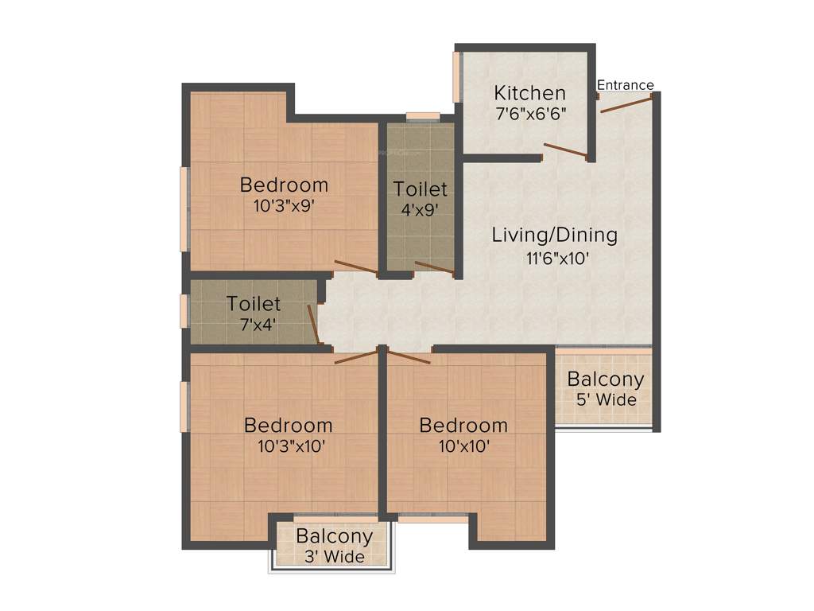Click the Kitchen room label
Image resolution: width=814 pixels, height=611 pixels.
tap(529, 92)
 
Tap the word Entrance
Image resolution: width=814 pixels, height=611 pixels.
tap(625, 85)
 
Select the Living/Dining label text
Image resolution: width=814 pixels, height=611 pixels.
tap(554, 235)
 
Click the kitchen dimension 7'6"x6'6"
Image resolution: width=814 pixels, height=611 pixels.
tap(530, 114)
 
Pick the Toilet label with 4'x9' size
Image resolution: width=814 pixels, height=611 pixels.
tap(421, 189)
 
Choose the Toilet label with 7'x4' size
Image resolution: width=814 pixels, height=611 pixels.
tap(254, 304)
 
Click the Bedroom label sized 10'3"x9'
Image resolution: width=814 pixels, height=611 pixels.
tap(284, 185)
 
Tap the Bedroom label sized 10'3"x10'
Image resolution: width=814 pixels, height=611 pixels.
tap(288, 425)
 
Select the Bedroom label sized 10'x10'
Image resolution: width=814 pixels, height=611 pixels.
tap(463, 425)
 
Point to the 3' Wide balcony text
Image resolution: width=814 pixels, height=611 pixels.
tap(334, 557)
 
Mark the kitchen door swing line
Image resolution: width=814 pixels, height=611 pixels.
tap(565, 150)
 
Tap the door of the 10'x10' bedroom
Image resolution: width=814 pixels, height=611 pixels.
tap(409, 355)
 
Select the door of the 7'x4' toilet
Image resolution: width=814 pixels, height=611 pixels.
tap(315, 326)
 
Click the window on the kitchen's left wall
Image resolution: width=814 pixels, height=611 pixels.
tap(457, 77)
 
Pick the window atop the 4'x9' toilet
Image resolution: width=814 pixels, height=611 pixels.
tap(422, 116)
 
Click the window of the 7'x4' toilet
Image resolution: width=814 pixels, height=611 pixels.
tap(184, 311)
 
